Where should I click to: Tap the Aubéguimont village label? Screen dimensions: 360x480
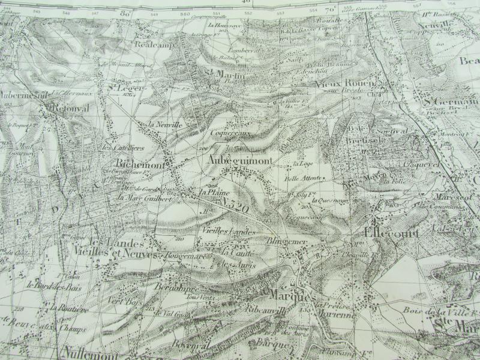pos(242,161)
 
